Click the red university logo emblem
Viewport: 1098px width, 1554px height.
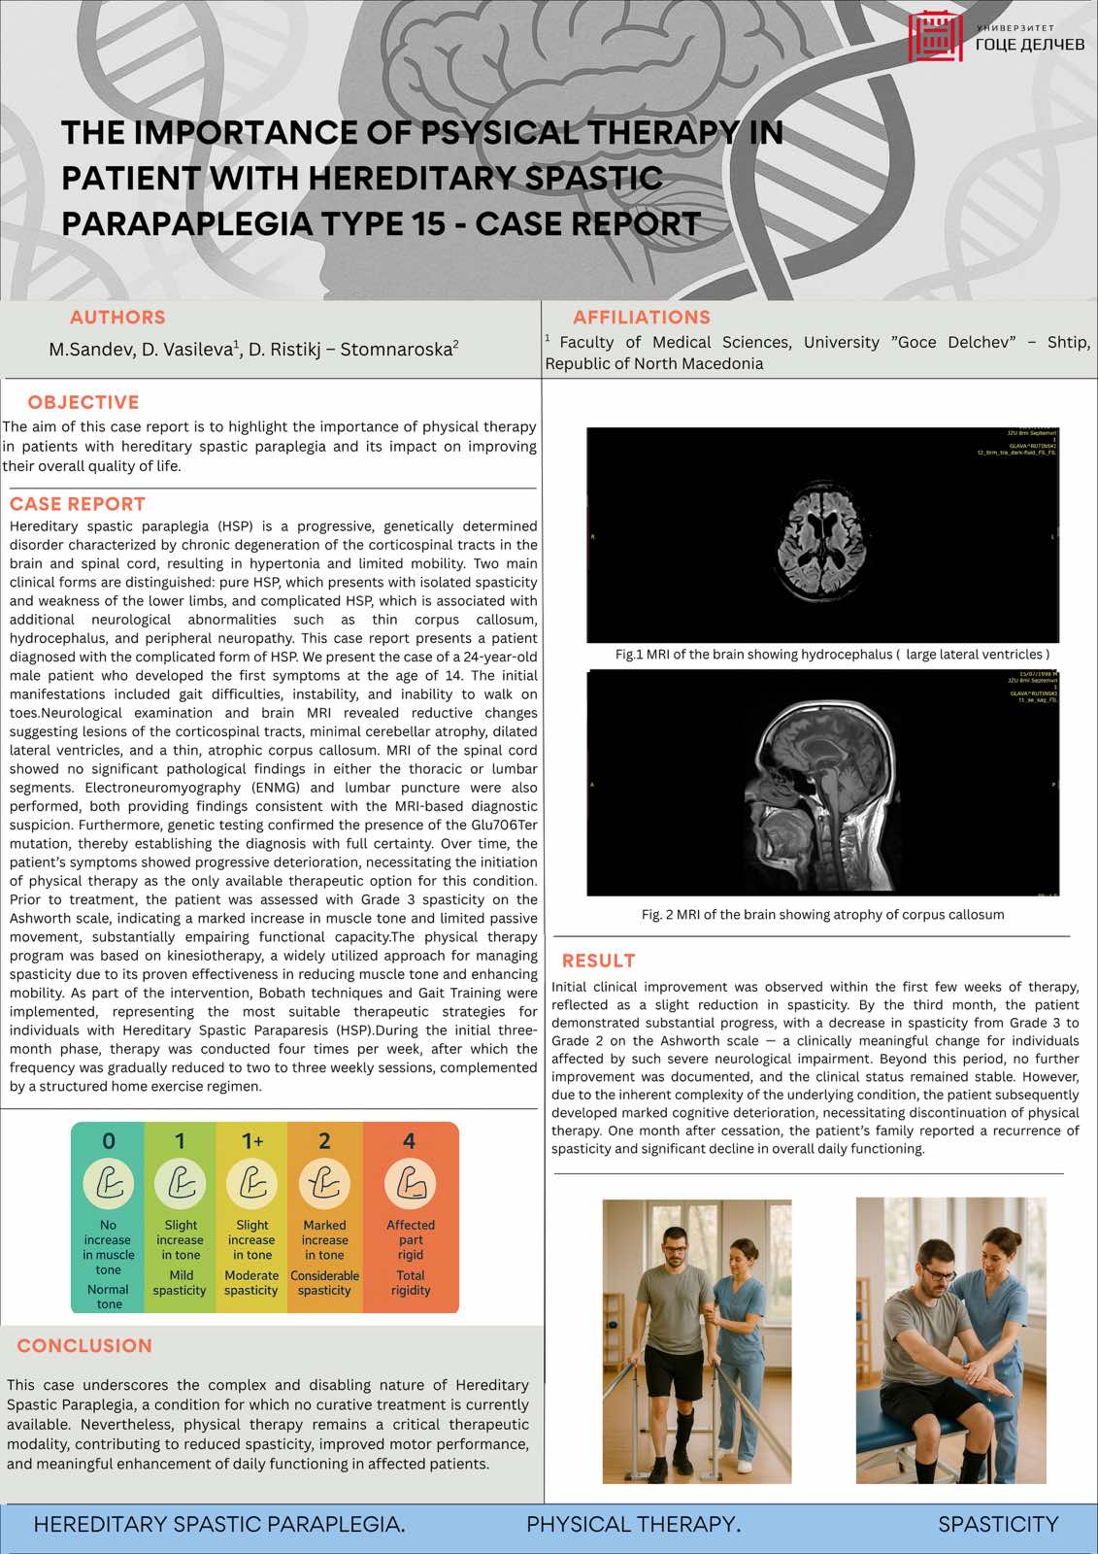coord(935,37)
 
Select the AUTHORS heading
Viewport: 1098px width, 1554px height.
coord(117,318)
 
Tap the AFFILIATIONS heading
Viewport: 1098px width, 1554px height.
coord(641,318)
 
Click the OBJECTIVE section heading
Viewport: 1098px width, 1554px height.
coord(83,402)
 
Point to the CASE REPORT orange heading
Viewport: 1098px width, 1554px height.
coord(78,504)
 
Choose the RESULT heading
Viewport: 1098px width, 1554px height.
coord(598,961)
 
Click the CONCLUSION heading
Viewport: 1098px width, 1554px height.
coord(84,1346)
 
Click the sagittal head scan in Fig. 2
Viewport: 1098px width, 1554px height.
coord(822,782)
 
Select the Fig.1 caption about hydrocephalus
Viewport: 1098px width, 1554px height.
coord(832,655)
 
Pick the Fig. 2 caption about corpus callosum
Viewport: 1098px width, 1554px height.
coord(822,915)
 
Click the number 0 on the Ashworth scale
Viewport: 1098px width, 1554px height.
coord(109,1141)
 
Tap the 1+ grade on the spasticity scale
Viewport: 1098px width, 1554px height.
coord(252,1141)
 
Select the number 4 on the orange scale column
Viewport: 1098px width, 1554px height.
coord(410,1141)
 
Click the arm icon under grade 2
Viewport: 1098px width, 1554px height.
coord(324,1184)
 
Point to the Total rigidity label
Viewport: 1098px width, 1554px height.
coord(411,1283)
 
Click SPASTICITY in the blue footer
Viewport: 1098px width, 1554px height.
coord(998,1525)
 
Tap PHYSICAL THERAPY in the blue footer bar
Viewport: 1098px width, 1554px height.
coord(633,1525)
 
